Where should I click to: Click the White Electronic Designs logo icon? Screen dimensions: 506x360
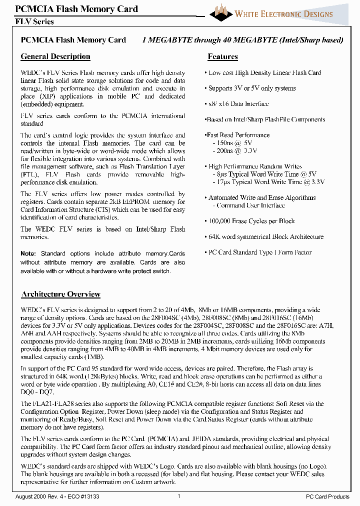[221, 12]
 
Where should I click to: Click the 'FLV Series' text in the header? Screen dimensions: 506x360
[34, 21]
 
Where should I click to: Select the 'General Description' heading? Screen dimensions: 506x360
[55, 56]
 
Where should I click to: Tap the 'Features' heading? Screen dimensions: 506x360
[222, 56]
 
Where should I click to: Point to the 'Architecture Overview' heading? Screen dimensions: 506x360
[61, 294]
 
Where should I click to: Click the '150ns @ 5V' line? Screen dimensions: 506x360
[234, 142]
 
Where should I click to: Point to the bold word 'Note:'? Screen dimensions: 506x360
[28, 254]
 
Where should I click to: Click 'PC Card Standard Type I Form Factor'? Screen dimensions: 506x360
[259, 252]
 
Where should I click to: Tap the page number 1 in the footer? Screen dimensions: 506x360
[179, 496]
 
